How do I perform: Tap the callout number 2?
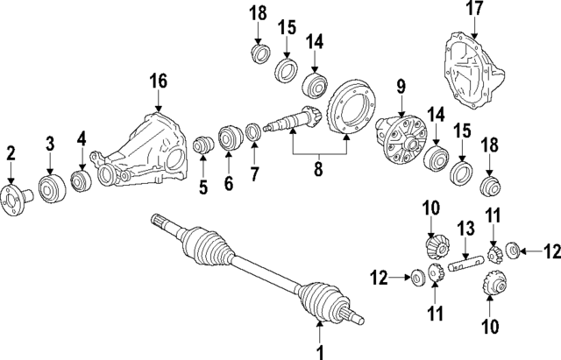[x=11, y=154]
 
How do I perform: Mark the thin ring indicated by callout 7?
[x=252, y=131]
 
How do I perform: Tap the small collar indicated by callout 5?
[x=203, y=144]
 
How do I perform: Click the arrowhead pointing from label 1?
[x=320, y=327]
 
